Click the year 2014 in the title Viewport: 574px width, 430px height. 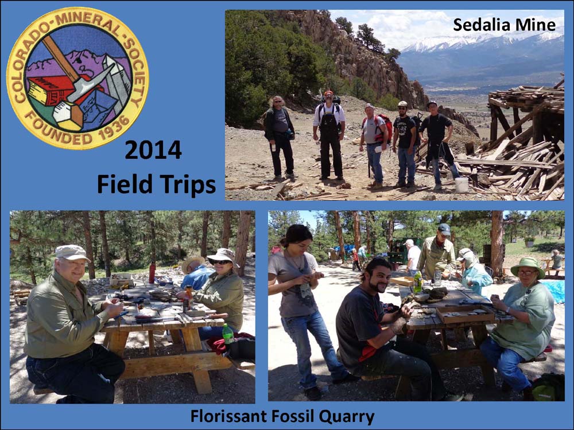pos(153,150)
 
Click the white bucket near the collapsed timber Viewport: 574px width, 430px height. pos(461,185)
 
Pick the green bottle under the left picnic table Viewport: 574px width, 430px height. pos(228,334)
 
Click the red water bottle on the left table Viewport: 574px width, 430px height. pos(152,272)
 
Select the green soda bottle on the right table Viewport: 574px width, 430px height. pos(418,282)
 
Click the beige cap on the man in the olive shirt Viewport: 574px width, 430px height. pos(71,252)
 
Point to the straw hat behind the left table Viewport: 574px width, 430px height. pos(193,262)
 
